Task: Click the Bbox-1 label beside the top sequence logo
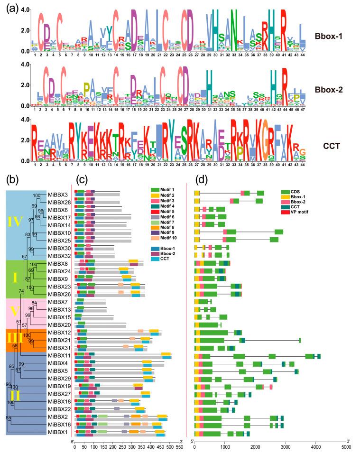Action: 329,36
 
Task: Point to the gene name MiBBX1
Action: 58,433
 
